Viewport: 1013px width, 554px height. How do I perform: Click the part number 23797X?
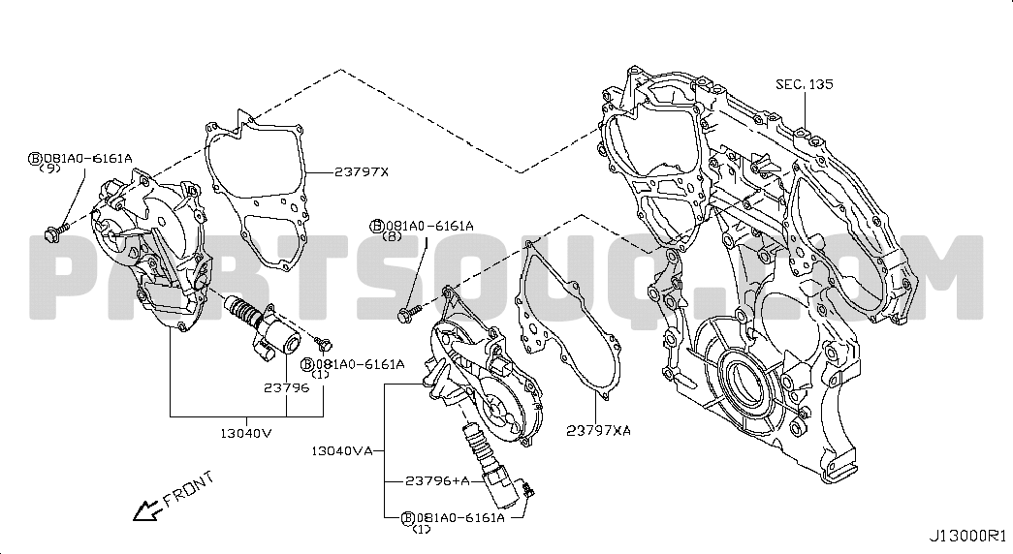[x=362, y=171]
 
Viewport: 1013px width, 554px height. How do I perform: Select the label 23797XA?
[x=599, y=431]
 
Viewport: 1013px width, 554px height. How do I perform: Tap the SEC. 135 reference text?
[x=805, y=84]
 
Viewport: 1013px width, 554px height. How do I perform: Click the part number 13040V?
[x=246, y=433]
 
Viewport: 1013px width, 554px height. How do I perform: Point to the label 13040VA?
[x=342, y=450]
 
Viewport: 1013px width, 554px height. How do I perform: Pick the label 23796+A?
[x=437, y=481]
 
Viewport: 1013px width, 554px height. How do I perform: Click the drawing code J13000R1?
[x=967, y=536]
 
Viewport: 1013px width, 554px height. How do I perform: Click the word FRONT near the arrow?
[x=188, y=489]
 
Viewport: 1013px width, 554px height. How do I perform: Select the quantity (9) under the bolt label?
[x=49, y=168]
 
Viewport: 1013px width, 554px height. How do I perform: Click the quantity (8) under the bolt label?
[x=393, y=236]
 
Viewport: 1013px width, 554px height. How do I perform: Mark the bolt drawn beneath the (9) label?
[x=55, y=231]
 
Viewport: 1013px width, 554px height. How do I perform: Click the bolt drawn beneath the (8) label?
[x=409, y=315]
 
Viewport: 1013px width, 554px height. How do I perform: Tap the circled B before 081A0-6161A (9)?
[x=35, y=158]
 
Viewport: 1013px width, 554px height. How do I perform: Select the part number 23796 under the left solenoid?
[x=286, y=387]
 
